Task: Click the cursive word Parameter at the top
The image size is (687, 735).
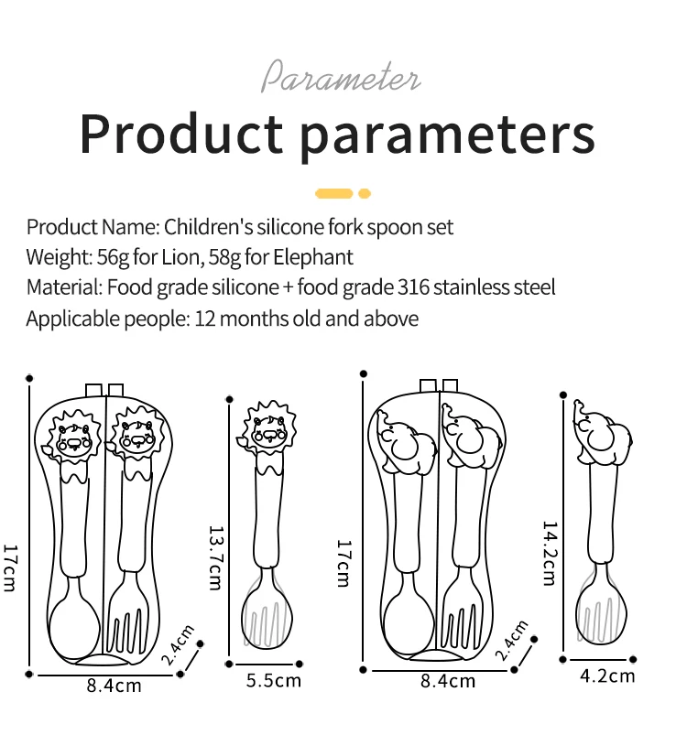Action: pos(341,77)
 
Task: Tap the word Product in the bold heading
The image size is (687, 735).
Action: pos(180,134)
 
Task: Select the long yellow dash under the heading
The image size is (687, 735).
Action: pos(333,193)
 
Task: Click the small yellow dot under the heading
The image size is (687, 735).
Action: pos(365,193)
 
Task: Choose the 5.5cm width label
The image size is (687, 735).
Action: pos(274,680)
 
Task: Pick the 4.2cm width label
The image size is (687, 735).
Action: pos(608,676)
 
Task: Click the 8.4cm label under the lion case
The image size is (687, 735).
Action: pos(114,686)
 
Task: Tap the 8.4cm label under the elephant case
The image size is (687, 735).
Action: pos(448,681)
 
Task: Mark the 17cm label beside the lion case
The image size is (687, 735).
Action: pos(10,567)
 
